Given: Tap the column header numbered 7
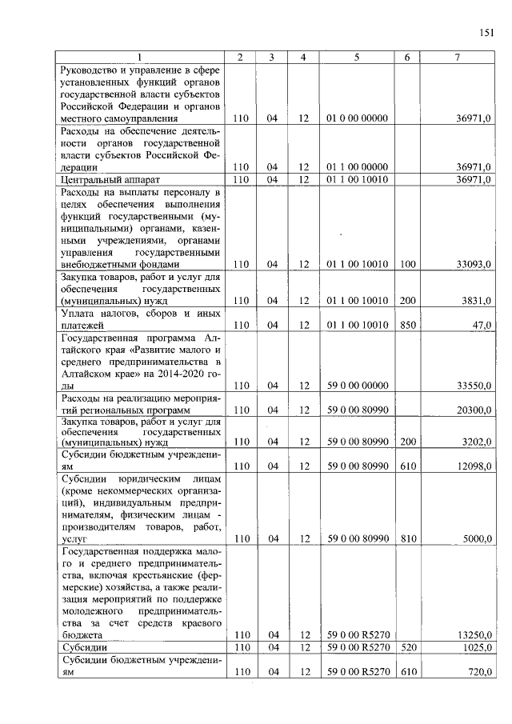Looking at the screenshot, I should tap(458, 57).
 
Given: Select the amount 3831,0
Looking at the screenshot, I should tap(478, 301).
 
